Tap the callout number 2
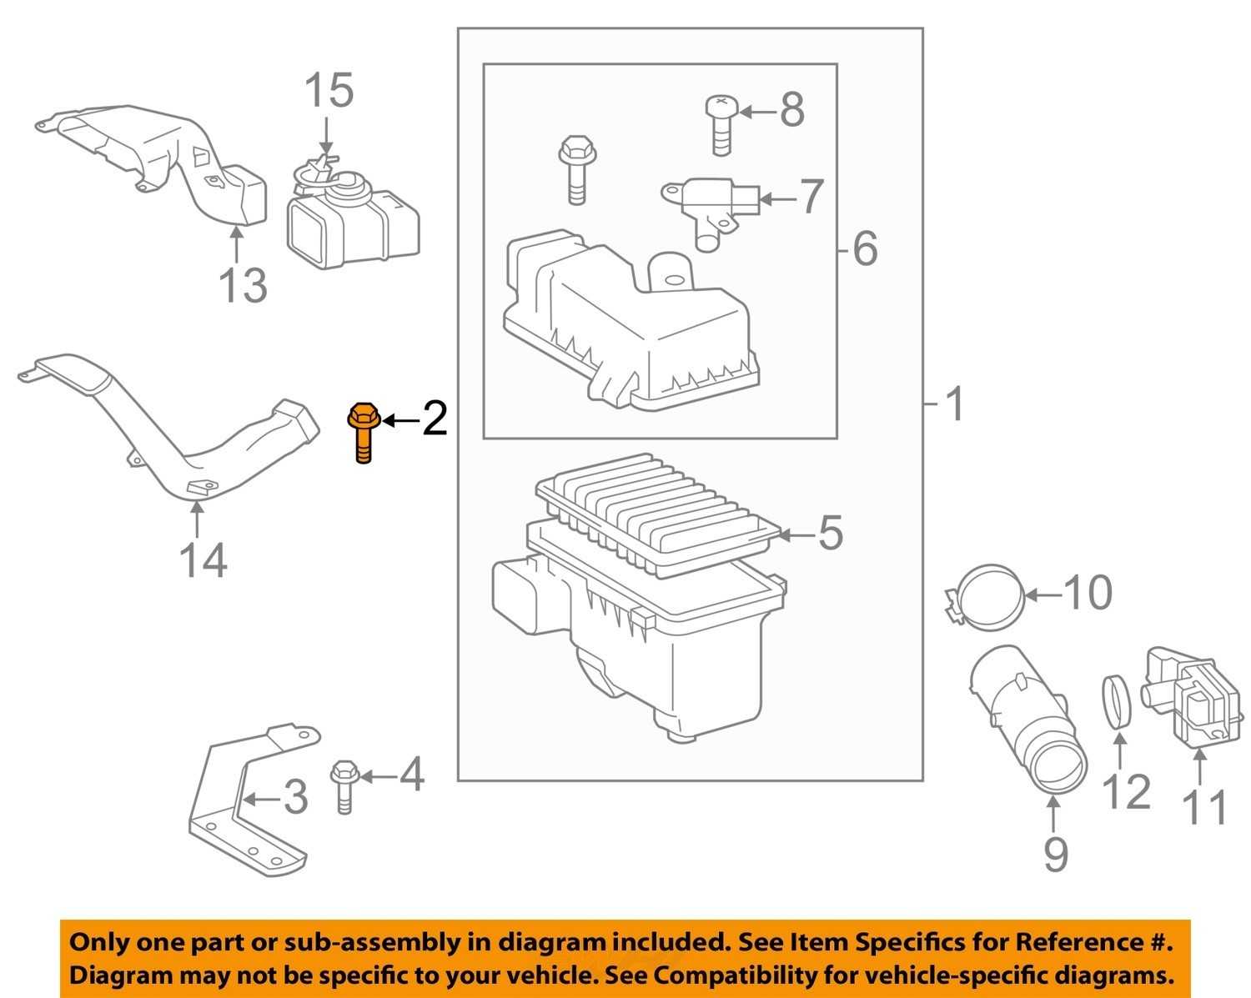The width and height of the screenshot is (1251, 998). [434, 419]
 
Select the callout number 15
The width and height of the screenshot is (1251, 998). [328, 90]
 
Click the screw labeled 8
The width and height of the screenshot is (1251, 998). [719, 123]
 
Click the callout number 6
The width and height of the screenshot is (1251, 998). [866, 248]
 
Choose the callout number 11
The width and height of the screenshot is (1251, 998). [1206, 807]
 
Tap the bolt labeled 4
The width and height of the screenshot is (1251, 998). [343, 785]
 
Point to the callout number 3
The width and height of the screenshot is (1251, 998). [295, 798]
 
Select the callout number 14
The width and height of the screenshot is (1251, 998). [203, 560]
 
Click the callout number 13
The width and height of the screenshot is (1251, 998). [242, 285]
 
